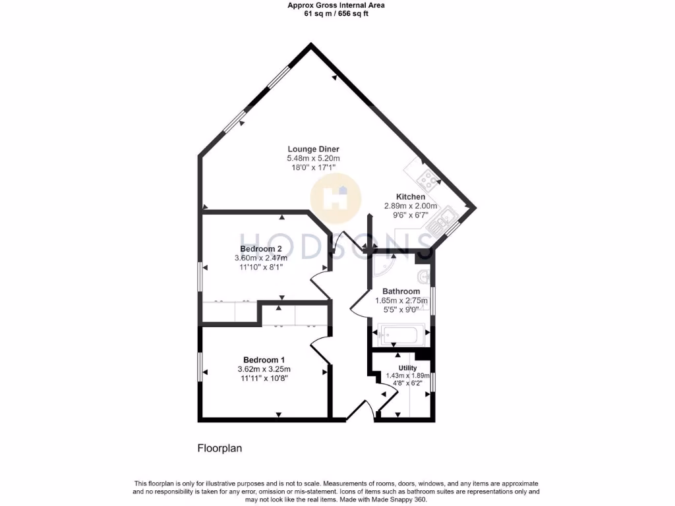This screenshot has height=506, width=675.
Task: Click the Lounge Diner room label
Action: click(x=313, y=149)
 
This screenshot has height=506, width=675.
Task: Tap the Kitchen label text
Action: click(x=410, y=197)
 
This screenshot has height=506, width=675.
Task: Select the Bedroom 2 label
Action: click(x=261, y=248)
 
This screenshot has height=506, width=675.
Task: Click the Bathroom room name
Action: click(x=401, y=291)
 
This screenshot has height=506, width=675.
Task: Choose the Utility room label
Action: click(x=407, y=368)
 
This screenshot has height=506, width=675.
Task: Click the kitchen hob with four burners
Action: click(x=425, y=177)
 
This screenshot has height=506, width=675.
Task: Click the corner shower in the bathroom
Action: click(x=382, y=266)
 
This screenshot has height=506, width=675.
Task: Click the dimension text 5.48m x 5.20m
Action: click(x=313, y=159)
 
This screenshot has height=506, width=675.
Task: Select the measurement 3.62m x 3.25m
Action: click(x=264, y=369)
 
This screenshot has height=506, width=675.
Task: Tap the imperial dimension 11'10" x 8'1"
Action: click(x=261, y=267)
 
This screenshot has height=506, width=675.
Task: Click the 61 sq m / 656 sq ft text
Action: click(x=336, y=13)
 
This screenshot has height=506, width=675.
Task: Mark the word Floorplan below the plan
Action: click(x=220, y=449)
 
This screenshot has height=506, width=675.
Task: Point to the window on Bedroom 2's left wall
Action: click(x=200, y=277)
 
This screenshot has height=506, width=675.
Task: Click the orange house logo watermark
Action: click(x=336, y=196)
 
